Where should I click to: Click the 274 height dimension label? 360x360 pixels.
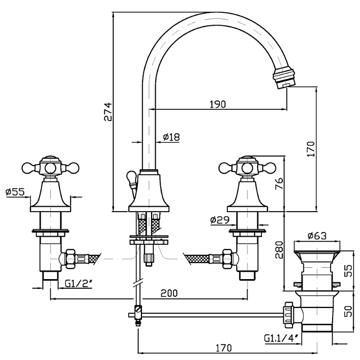[x=108, y=112]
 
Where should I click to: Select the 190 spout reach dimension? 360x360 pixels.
[x=218, y=104]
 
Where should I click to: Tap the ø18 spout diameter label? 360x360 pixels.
[x=171, y=137]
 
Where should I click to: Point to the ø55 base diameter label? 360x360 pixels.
[x=15, y=192]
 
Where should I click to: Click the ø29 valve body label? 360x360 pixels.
[x=220, y=220]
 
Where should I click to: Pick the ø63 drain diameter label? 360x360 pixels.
[x=317, y=236]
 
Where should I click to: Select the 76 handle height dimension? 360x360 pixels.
[x=279, y=184]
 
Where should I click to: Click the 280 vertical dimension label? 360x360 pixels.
[x=279, y=250]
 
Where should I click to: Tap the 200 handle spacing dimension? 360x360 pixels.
[x=169, y=293]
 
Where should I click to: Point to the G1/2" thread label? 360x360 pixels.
[x=79, y=284]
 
